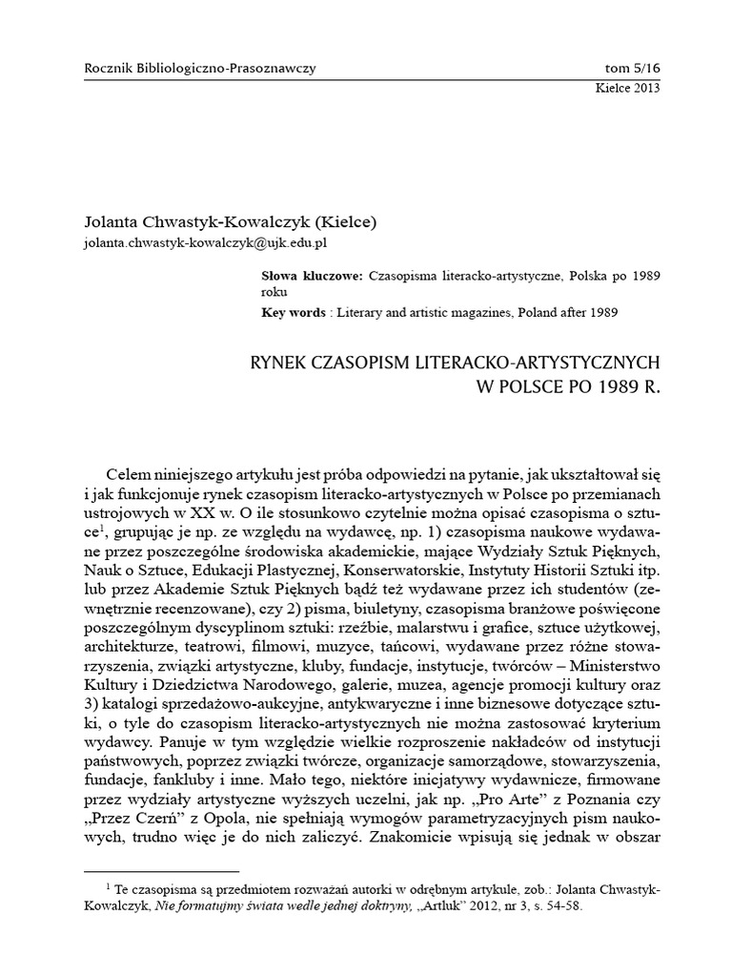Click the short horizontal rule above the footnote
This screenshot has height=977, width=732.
pyautogui.click(x=162, y=871)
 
